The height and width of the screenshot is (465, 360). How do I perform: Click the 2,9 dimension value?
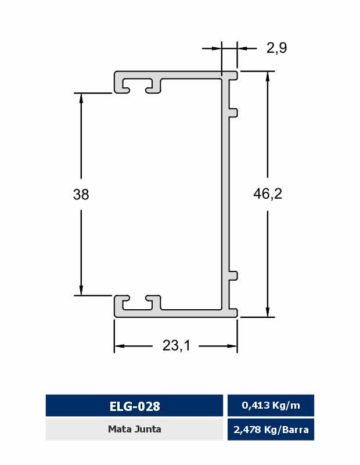(x=276, y=48)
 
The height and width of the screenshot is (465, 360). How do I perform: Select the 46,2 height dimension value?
(x=268, y=194)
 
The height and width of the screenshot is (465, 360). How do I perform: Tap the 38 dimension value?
(x=81, y=195)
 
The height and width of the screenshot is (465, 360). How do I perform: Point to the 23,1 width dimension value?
(x=176, y=345)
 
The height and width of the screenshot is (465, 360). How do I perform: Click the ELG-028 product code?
(x=135, y=406)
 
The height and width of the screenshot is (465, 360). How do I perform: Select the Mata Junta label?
(x=135, y=429)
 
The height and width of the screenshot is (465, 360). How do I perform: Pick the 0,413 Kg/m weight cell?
(x=271, y=405)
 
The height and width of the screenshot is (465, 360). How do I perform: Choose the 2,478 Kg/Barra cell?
(x=271, y=430)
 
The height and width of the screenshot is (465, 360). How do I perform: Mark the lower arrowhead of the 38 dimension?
(x=81, y=289)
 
